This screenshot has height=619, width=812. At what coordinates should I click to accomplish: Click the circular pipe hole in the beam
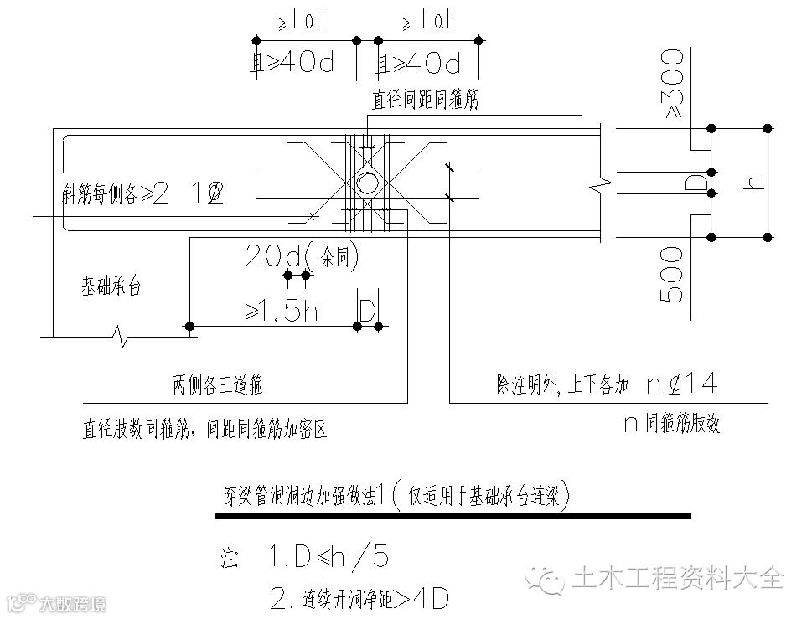click(366, 183)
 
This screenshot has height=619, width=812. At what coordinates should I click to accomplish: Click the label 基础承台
click(111, 287)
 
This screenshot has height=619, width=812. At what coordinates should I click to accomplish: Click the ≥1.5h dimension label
click(282, 311)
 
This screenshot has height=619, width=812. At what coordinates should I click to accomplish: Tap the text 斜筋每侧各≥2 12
click(142, 193)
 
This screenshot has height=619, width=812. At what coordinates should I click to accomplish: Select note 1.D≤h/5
click(327, 556)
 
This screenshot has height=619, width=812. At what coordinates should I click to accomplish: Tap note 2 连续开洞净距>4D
click(360, 598)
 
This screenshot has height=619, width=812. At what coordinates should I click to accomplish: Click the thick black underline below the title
click(453, 517)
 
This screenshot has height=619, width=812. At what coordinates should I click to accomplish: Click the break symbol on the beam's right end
click(599, 183)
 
